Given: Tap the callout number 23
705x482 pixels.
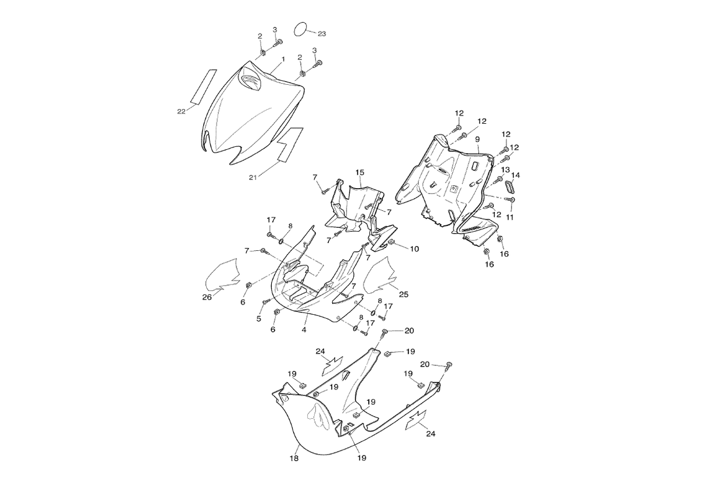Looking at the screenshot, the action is coord(322,34).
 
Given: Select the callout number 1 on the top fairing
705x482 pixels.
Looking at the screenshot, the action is coord(283,59).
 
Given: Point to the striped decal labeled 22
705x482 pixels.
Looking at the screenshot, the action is coord(204,87).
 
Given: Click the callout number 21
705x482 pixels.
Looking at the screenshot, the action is coord(253,178).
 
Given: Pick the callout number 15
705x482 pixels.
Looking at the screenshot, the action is coord(359,172).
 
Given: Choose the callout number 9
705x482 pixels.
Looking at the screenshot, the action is coord(477,139).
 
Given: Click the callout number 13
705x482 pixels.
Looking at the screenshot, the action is coord(505,170).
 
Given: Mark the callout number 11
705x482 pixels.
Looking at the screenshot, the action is coord(509,217).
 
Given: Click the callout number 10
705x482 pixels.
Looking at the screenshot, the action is coord(415,249).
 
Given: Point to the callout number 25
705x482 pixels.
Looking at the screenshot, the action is coord(404,294).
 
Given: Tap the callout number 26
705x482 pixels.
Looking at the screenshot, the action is coord(207,297).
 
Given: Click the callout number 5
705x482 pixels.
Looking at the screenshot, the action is coord(258,319).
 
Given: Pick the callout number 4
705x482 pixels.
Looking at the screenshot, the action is coord(304,330).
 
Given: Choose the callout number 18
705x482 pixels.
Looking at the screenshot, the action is coord(294,458).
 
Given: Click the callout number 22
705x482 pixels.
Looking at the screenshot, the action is coord(181,111).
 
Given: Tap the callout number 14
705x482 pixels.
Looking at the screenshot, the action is coord(516,175).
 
